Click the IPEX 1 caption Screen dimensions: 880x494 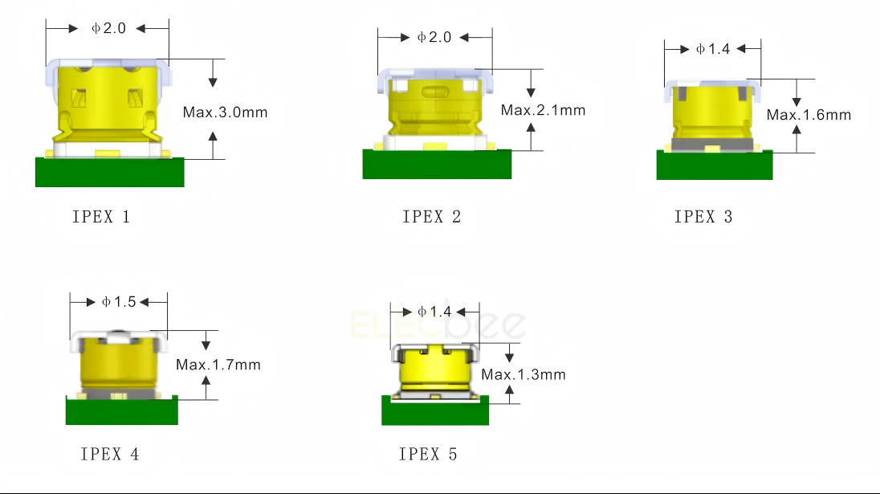(x=101, y=217)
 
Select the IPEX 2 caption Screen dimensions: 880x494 (x=432, y=217)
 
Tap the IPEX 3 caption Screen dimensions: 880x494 (x=703, y=217)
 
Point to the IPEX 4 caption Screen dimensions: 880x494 (x=109, y=454)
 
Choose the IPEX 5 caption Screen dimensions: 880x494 (x=428, y=454)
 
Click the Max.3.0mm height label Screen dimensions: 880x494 (x=225, y=112)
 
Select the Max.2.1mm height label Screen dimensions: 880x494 (x=544, y=110)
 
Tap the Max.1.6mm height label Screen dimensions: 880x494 (x=809, y=115)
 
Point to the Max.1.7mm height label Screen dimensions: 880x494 (x=218, y=365)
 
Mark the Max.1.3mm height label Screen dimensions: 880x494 (x=524, y=374)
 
